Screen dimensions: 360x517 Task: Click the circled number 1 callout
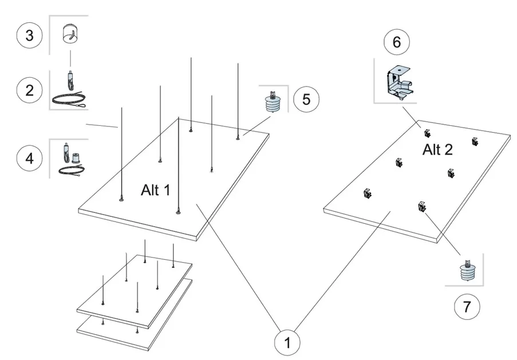click(x=287, y=343)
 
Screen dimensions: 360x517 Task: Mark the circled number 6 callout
click(x=397, y=42)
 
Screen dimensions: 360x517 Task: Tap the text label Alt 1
click(x=155, y=191)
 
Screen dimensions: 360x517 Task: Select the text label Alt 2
click(x=437, y=150)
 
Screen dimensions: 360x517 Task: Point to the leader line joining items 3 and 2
click(x=70, y=58)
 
